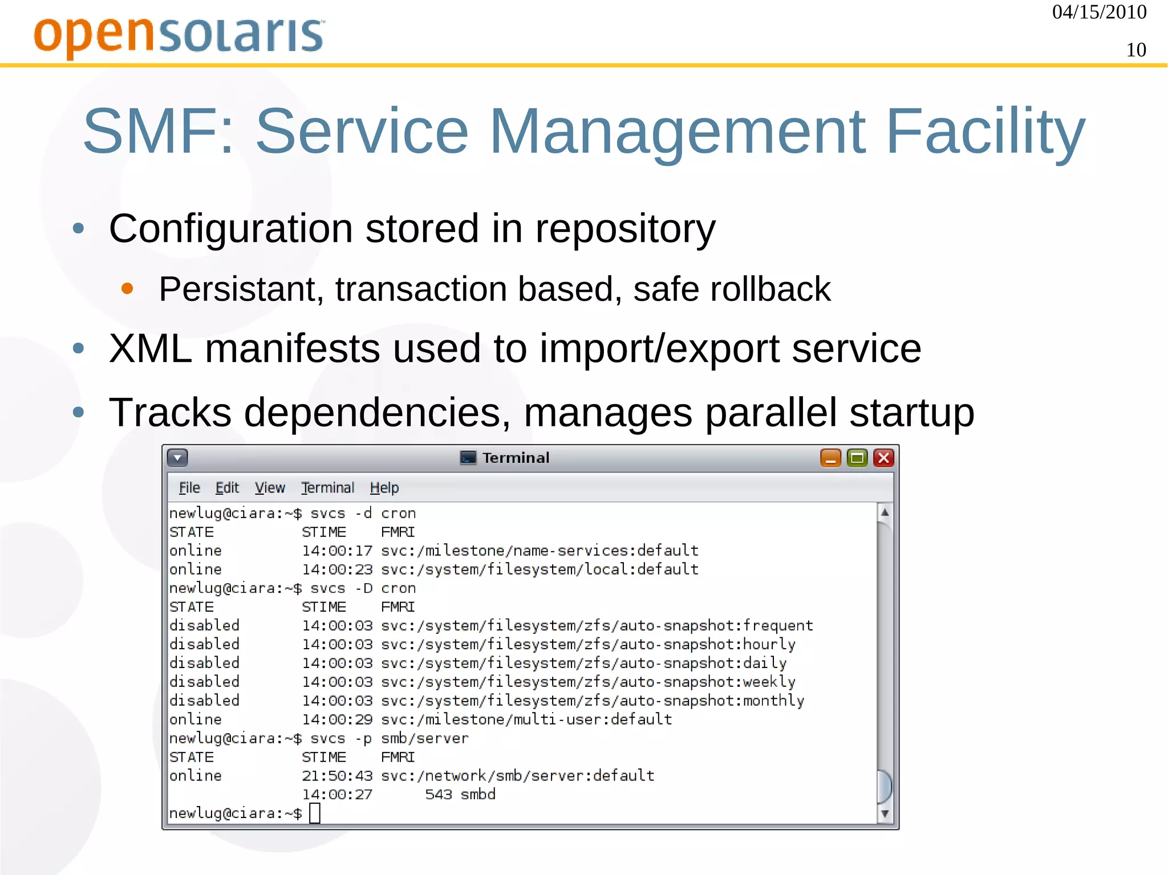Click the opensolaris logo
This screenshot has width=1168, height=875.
point(179,35)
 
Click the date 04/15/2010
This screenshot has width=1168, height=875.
point(1099,13)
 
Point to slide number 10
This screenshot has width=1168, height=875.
point(1135,50)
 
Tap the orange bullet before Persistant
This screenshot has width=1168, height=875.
point(127,288)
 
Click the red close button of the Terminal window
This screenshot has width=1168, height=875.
point(883,458)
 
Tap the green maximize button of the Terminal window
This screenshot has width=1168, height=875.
point(857,458)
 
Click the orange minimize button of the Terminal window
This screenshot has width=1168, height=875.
point(830,458)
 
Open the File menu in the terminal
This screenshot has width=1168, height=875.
point(189,488)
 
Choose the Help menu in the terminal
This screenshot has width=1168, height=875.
point(384,488)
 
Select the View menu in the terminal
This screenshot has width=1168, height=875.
point(269,488)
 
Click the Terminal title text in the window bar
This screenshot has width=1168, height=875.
point(516,458)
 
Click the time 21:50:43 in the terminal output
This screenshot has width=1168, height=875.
point(337,776)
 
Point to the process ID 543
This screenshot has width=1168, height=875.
point(438,795)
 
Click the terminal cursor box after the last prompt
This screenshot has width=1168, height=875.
point(315,813)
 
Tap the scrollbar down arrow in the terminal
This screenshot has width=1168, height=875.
point(885,813)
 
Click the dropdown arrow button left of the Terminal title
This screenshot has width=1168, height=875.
point(177,458)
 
